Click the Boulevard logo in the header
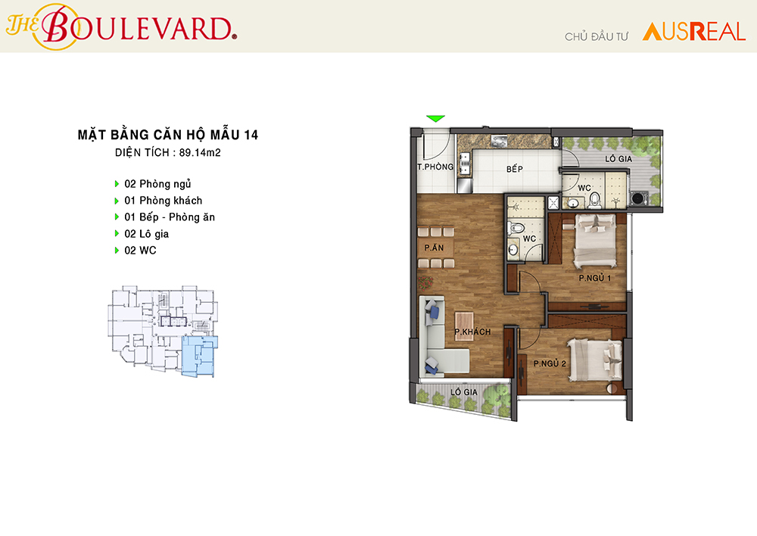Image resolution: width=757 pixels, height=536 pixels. pyautogui.click(x=121, y=26)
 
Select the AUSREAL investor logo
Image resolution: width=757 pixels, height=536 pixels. pyautogui.click(x=694, y=32)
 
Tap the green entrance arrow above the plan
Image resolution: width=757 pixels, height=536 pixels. pyautogui.click(x=435, y=118)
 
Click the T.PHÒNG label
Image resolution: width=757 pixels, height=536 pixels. pyautogui.click(x=435, y=167)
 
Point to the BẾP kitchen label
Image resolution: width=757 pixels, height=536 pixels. pyautogui.click(x=515, y=169)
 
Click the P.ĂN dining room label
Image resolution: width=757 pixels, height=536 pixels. pyautogui.click(x=434, y=248)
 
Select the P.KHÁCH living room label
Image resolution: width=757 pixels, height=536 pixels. pyautogui.click(x=472, y=332)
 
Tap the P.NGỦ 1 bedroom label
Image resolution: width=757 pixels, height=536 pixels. pyautogui.click(x=595, y=278)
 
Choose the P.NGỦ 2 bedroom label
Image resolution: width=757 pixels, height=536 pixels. pyautogui.click(x=550, y=363)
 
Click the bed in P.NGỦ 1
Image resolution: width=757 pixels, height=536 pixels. pyautogui.click(x=595, y=240)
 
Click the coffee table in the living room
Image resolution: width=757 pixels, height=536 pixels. pyautogui.click(x=464, y=326)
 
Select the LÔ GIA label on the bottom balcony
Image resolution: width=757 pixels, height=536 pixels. pyautogui.click(x=464, y=392)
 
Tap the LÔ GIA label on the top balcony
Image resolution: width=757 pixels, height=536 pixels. pyautogui.click(x=618, y=158)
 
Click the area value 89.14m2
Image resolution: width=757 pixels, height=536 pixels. pyautogui.click(x=200, y=153)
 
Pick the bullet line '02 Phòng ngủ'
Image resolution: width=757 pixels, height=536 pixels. pyautogui.click(x=153, y=184)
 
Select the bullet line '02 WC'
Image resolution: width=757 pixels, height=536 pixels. pyautogui.click(x=136, y=250)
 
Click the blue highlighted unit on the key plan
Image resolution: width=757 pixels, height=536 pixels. pyautogui.click(x=199, y=357)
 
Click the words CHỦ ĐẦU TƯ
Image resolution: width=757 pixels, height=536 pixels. pyautogui.click(x=597, y=36)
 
